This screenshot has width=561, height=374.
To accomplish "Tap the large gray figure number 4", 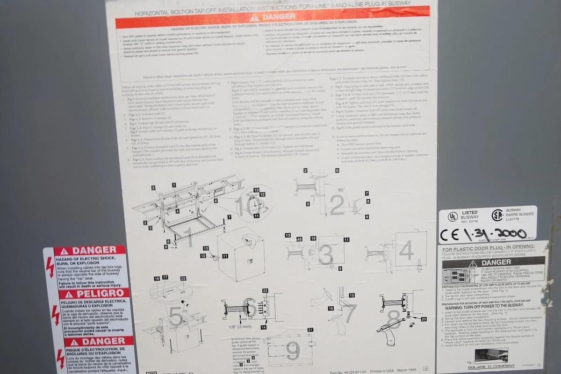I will pos(406,251).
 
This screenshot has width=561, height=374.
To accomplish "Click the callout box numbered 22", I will pos(266,291).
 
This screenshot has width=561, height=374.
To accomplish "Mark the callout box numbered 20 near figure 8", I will pos(424,319).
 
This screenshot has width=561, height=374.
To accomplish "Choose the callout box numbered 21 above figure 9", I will pos(310,330).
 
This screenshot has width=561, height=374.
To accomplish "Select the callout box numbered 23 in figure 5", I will pos(183,279).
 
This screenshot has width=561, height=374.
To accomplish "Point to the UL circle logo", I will pos(453,216).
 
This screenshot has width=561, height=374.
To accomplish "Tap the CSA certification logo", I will pos(497,215).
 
